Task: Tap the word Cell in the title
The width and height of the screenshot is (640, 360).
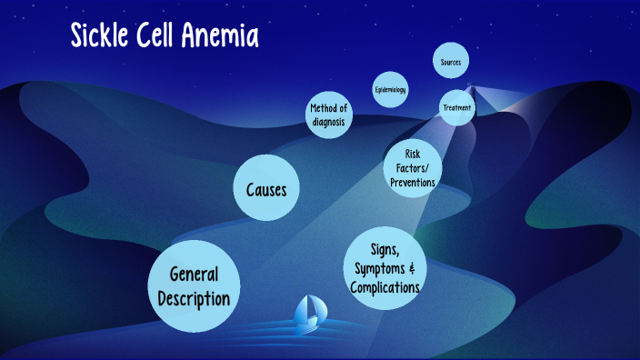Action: point(165,36)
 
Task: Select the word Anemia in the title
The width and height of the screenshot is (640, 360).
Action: point(227,36)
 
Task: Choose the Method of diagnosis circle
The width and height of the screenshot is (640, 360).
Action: point(328,115)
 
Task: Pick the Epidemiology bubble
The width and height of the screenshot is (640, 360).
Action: point(390,90)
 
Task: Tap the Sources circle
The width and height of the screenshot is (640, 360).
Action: point(451,62)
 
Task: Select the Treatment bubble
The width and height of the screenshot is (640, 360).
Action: point(456,107)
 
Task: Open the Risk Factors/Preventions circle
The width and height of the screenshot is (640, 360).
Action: point(413,167)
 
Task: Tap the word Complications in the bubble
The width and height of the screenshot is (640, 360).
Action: point(386,287)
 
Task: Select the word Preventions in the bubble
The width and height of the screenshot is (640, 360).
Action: point(413,183)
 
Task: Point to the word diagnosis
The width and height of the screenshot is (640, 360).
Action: point(328,122)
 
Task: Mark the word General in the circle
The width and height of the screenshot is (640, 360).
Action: point(194,275)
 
